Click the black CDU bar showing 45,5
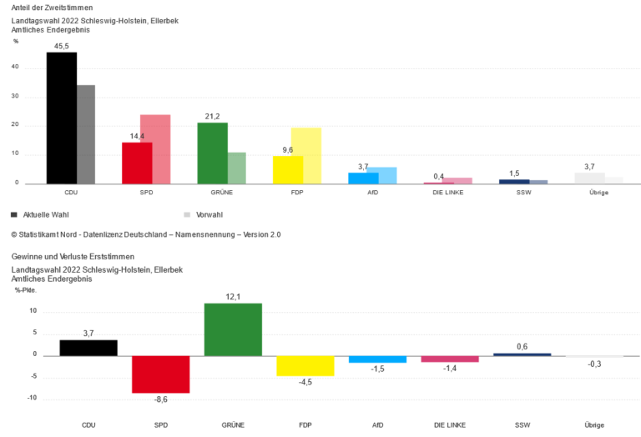pos(61,118)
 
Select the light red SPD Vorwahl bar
pos(155,149)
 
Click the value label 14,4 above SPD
pos(136,136)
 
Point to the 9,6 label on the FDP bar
pos(288,150)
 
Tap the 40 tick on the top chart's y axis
pos(27,68)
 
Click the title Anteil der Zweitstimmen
pos(52,7)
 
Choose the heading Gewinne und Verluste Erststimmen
pos(73,257)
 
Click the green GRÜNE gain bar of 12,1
pos(233,329)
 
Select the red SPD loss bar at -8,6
pos(160,374)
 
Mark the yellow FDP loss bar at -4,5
pos(305,365)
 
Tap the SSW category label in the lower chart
pos(522,425)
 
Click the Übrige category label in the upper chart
pos(597,193)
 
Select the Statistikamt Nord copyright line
pos(146,235)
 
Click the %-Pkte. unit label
pos(25,290)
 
